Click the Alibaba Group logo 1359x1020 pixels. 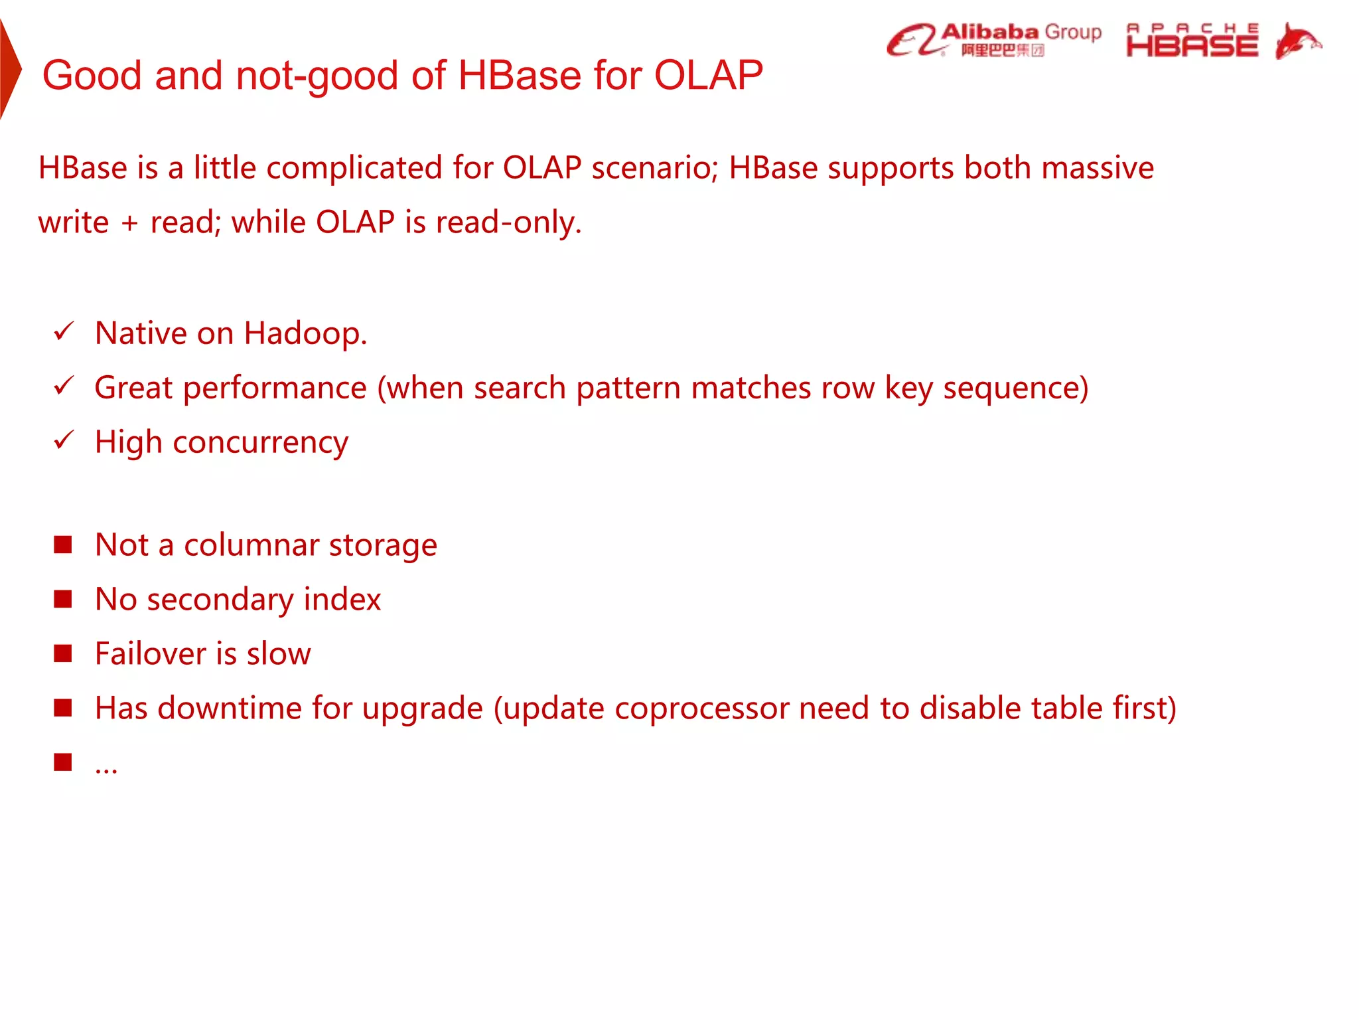pyautogui.click(x=993, y=40)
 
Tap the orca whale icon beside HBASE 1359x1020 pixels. pyautogui.click(x=1297, y=41)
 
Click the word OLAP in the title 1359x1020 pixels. pyautogui.click(x=708, y=74)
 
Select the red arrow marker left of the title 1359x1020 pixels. pyautogui.click(x=10, y=69)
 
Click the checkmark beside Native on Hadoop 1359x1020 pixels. pyautogui.click(x=64, y=331)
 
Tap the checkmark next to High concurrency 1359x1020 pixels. pyautogui.click(x=64, y=440)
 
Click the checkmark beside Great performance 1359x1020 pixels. pyautogui.click(x=64, y=385)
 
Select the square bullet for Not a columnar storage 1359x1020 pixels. pyautogui.click(x=63, y=545)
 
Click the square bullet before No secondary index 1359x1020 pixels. pyautogui.click(x=63, y=599)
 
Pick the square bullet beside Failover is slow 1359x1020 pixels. pyautogui.click(x=63, y=653)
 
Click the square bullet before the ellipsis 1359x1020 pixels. pyautogui.click(x=63, y=762)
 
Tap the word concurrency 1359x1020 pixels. pyautogui.click(x=260, y=443)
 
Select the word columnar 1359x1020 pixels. pyautogui.click(x=251, y=545)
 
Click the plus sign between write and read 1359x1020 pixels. pyautogui.click(x=129, y=223)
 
